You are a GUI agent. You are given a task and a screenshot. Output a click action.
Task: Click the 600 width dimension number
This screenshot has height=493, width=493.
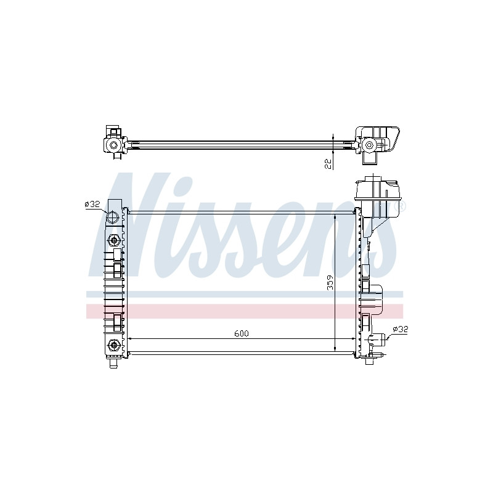(242, 333)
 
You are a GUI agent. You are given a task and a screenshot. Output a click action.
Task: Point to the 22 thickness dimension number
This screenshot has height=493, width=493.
(328, 164)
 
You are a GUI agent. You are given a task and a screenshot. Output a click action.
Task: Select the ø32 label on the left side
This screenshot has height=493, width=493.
(92, 204)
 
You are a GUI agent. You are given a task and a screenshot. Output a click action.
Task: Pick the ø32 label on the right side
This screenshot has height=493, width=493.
(400, 329)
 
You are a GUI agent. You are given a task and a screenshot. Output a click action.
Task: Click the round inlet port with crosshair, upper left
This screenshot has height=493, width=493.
(112, 218)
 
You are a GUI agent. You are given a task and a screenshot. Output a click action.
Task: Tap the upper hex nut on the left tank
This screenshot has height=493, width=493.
(113, 241)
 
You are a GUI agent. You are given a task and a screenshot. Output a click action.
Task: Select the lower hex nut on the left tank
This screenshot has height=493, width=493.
(113, 345)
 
